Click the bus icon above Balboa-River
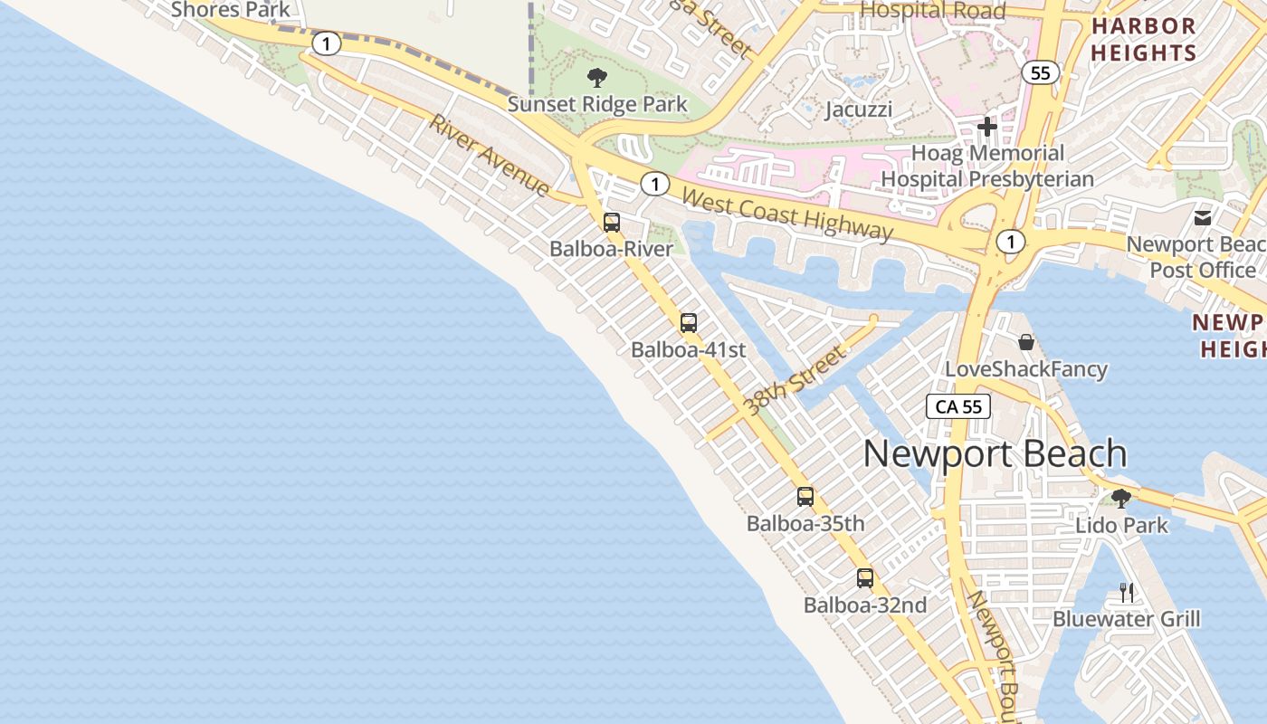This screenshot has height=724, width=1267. pos(612,222)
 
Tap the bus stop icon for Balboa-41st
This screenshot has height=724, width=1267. pos(689,322)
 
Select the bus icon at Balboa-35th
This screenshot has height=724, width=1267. pos(805,496)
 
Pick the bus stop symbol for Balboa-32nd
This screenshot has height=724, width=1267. pos(865,577)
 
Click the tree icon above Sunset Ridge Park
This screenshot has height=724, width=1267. pos(596,78)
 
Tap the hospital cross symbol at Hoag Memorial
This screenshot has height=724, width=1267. pos(987,127)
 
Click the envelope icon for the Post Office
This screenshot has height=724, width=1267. pos(1203,217)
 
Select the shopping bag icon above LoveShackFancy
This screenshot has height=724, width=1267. pos(1026,342)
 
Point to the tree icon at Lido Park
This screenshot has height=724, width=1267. pos(1121,498)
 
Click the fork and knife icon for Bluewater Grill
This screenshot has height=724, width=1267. pos(1127,593)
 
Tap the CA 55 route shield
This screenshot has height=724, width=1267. pos(958,406)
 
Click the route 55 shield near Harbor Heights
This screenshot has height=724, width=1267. pos(1041,73)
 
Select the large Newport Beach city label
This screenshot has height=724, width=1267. pos(995,453)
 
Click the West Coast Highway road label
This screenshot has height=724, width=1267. pos(786,214)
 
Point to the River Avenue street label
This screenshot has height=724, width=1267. pos(490,156)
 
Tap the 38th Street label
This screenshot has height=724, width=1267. pos(794,381)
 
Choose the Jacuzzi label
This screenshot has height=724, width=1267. pos(859,110)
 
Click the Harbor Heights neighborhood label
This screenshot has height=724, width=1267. pos(1143,39)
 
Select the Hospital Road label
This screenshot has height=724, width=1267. pos(932,11)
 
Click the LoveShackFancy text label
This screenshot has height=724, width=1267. pos(1026,369)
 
